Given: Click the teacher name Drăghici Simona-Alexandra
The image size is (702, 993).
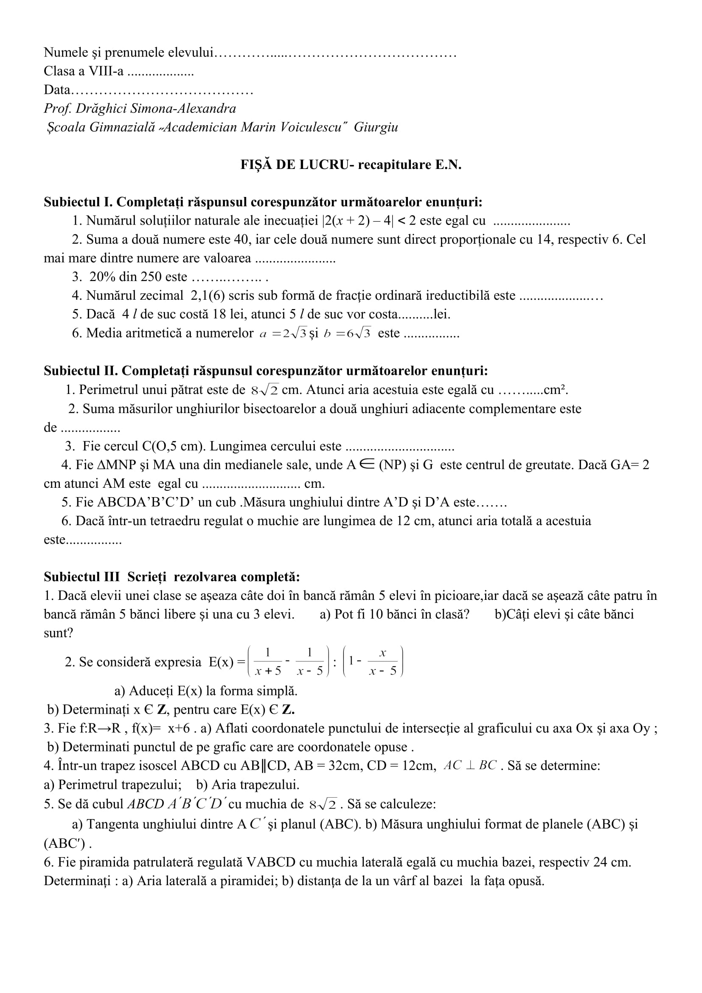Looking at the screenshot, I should point(156,108).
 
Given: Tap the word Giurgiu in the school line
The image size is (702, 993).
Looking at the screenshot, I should point(376,127).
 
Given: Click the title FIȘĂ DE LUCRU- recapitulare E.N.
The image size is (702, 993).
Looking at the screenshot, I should point(351,165).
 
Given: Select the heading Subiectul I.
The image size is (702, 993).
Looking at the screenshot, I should point(78,202).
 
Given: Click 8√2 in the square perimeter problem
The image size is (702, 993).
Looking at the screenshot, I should point(264,391).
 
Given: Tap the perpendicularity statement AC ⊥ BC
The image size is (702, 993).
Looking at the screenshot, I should point(470,765).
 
